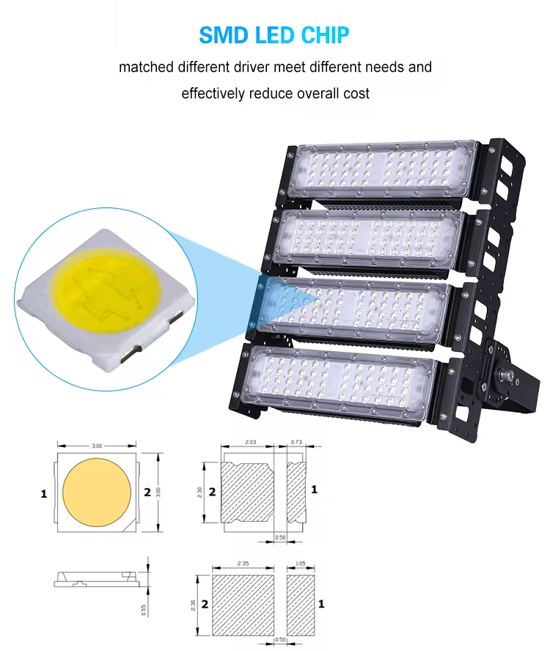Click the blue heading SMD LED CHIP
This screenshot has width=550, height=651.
point(274,35)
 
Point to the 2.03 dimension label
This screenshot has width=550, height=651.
point(249,442)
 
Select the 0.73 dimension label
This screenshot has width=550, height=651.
point(296,442)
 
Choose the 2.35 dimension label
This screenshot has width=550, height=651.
point(241,564)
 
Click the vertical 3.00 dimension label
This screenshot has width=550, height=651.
point(158,493)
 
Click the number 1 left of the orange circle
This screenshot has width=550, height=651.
point(43,494)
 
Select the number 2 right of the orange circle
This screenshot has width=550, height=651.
point(147,492)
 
